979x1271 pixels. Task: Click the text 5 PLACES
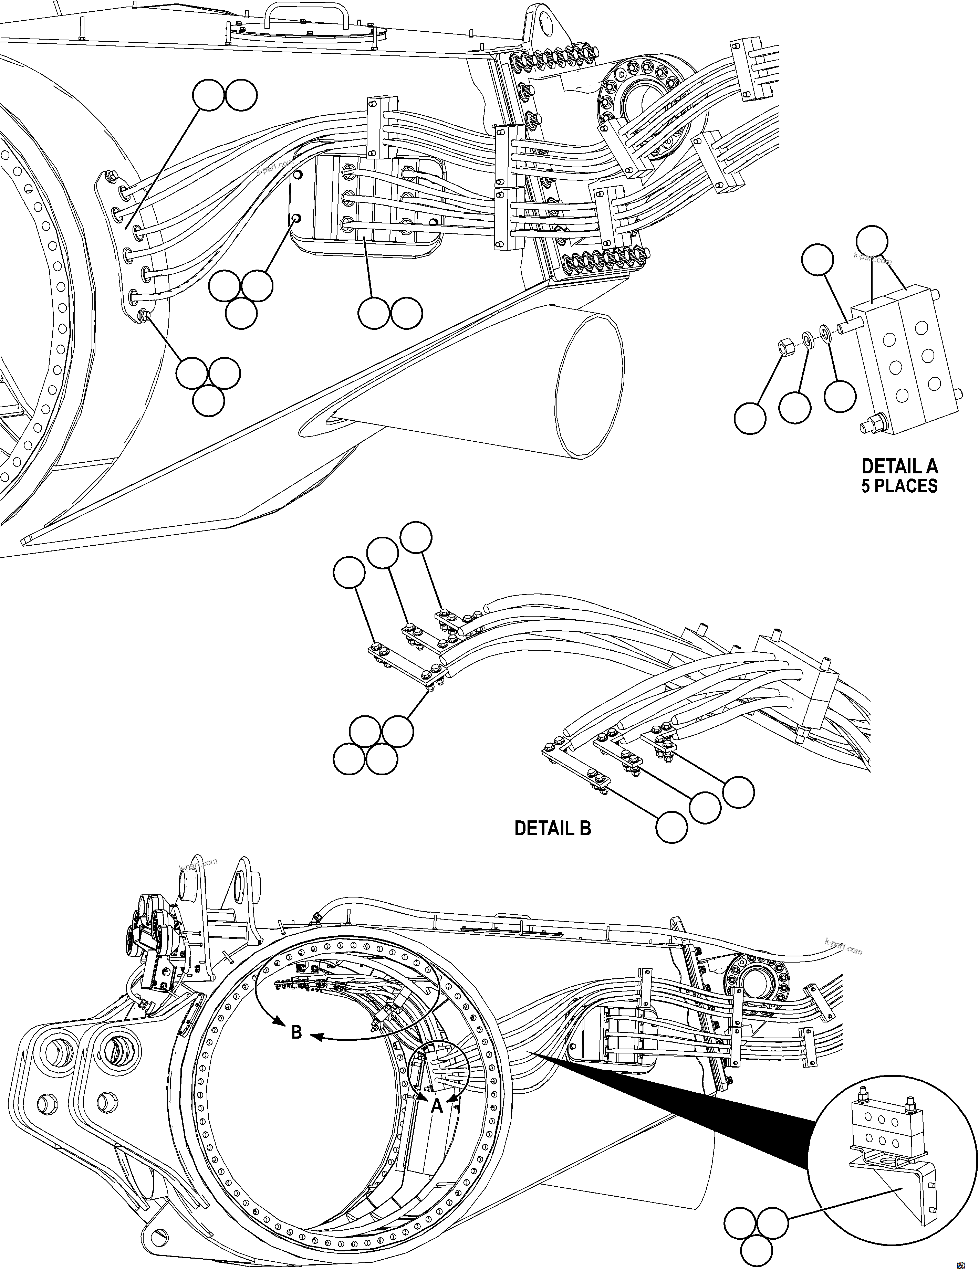pos(899,486)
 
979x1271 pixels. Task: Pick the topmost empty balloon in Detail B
pos(417,537)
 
